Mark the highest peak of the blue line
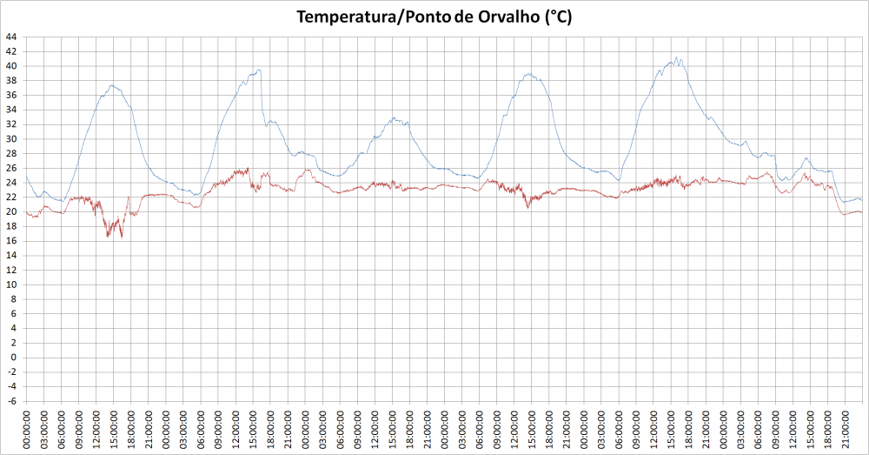click(x=677, y=57)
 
